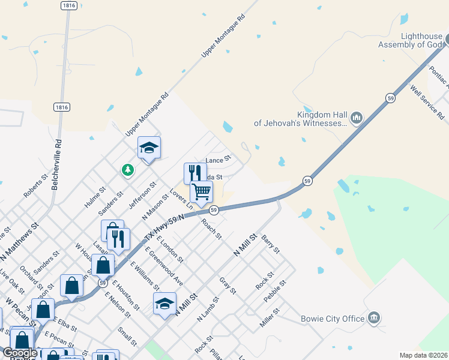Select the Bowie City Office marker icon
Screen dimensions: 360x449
[374, 317]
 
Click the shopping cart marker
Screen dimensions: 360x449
[201, 192]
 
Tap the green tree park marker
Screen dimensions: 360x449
[127, 170]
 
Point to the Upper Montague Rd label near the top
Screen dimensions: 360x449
[224, 37]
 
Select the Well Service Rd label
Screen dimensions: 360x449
[427, 101]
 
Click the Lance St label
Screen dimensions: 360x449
[218, 160]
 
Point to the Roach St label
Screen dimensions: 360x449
[211, 228]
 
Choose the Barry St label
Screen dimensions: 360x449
[271, 244]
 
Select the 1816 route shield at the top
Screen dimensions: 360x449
[68, 5]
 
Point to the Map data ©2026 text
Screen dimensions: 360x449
[423, 355]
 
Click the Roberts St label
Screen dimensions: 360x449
[35, 187]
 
